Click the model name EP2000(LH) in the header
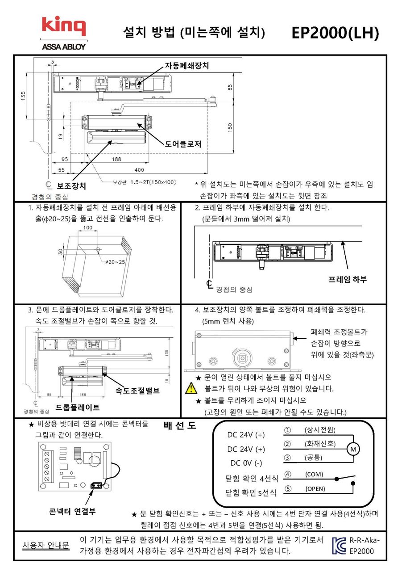(x=335, y=33)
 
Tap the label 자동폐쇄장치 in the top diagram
(x=187, y=65)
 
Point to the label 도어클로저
(x=183, y=144)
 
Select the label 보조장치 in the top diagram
(x=72, y=185)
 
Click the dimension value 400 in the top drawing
(x=140, y=170)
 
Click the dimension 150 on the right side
(x=230, y=127)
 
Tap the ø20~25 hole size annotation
(x=115, y=261)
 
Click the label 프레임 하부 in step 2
(x=348, y=280)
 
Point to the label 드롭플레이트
(x=78, y=408)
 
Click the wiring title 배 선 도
(x=180, y=425)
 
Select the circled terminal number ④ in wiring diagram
(x=288, y=474)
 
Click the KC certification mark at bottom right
(x=339, y=545)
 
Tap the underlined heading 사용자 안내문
(x=46, y=546)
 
